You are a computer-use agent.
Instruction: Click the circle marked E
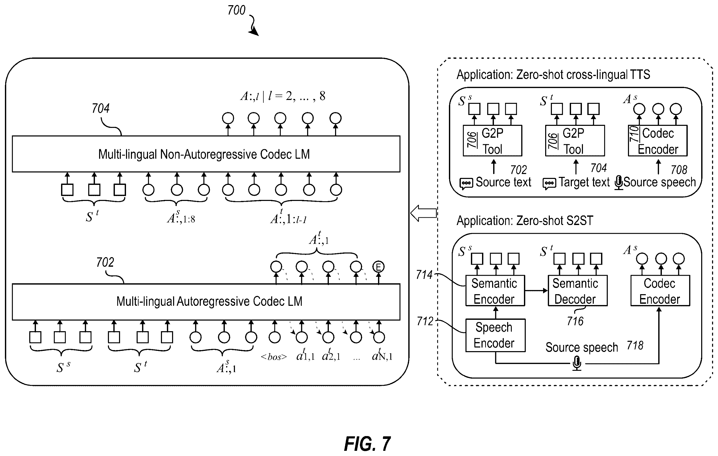(x=378, y=266)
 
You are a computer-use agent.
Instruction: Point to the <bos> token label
(x=274, y=357)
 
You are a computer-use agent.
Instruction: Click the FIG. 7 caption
(x=367, y=444)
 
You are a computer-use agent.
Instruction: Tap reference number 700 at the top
(x=236, y=10)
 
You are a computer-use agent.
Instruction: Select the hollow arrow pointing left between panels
(x=423, y=213)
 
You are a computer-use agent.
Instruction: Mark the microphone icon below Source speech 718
(x=577, y=364)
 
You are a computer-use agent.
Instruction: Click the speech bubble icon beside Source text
(x=466, y=184)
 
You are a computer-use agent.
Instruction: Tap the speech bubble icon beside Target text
(x=549, y=184)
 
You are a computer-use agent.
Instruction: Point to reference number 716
(x=575, y=321)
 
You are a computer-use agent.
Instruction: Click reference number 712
(x=425, y=321)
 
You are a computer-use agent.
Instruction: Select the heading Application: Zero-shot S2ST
(x=525, y=221)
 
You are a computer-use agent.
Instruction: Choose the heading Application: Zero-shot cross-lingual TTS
(x=553, y=75)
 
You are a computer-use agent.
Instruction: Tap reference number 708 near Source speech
(x=679, y=170)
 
